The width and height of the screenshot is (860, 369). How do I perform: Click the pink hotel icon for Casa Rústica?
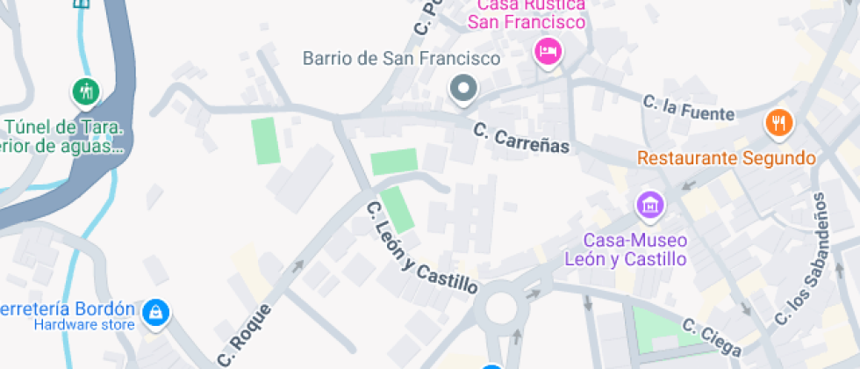point(548,51)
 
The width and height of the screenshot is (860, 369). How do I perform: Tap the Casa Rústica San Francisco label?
point(526,14)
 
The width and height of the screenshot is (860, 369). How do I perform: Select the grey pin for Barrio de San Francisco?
point(462,88)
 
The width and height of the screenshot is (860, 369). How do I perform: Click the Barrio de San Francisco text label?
point(401,59)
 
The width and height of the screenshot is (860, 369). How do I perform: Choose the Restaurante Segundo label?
point(726,159)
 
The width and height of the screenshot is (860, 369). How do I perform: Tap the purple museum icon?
point(650,206)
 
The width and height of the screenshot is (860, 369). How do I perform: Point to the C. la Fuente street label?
point(688,107)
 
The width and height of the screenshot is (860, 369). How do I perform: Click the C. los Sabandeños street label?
point(802,264)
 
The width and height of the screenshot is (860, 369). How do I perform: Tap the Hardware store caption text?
point(84,325)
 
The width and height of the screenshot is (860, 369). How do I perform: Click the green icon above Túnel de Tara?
point(85,90)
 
